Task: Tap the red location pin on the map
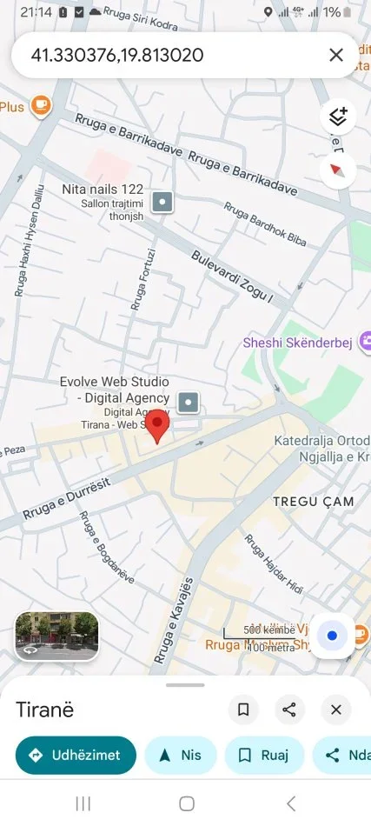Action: tap(156, 427)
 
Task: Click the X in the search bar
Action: tap(336, 56)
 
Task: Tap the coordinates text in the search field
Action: tap(117, 56)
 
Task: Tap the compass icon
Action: tap(338, 170)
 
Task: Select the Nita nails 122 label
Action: tap(103, 190)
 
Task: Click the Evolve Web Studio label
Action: tap(114, 390)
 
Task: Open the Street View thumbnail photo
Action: tap(56, 636)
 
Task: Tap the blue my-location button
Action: tap(332, 636)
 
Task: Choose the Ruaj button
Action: tap(264, 756)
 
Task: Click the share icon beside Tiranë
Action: tap(289, 710)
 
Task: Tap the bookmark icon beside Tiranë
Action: tap(243, 710)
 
